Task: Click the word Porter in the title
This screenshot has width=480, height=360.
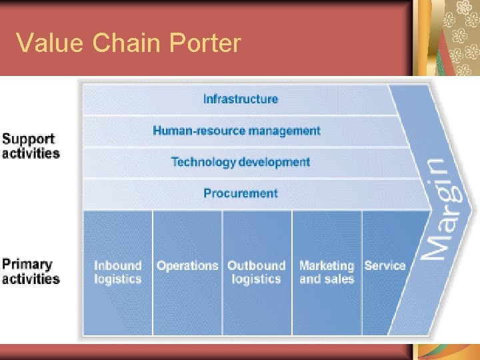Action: [x=205, y=43]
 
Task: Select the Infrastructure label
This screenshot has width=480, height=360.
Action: [x=241, y=99]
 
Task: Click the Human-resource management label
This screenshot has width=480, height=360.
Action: [x=237, y=131]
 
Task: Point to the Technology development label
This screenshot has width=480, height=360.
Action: [x=241, y=162]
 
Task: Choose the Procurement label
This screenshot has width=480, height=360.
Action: [x=241, y=193]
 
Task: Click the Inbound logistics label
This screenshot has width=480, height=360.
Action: [x=118, y=272]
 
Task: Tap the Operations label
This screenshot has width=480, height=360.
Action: [x=187, y=265]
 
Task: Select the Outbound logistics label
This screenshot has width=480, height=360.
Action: [x=256, y=272]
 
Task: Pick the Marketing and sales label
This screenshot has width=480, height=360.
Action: [x=327, y=272]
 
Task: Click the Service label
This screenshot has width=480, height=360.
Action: [x=385, y=265]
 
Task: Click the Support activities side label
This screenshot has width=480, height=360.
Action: [x=31, y=146]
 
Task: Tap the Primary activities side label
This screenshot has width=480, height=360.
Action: [x=31, y=271]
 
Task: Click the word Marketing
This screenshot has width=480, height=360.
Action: [x=327, y=265]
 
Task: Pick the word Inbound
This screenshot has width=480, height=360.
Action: [x=118, y=265]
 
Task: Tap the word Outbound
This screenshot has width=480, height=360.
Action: [x=256, y=265]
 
